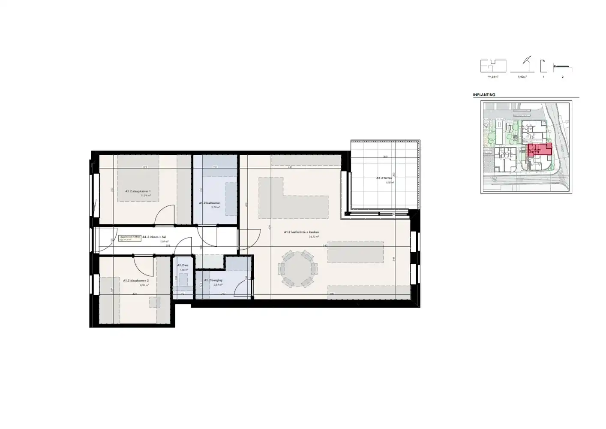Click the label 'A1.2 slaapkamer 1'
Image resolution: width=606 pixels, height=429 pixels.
click(138, 191)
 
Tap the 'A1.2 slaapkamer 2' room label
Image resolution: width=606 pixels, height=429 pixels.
click(136, 281)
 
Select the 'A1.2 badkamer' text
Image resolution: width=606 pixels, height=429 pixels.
click(209, 203)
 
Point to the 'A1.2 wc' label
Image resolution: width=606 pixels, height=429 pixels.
click(183, 266)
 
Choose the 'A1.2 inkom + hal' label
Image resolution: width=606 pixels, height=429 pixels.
click(154, 236)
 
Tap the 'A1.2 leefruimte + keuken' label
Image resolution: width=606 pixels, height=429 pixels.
click(301, 232)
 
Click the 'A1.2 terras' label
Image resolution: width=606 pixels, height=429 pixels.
click(384, 178)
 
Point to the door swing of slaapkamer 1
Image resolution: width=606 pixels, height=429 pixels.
click(165, 214)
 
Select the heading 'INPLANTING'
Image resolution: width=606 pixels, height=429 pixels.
click(484, 95)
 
